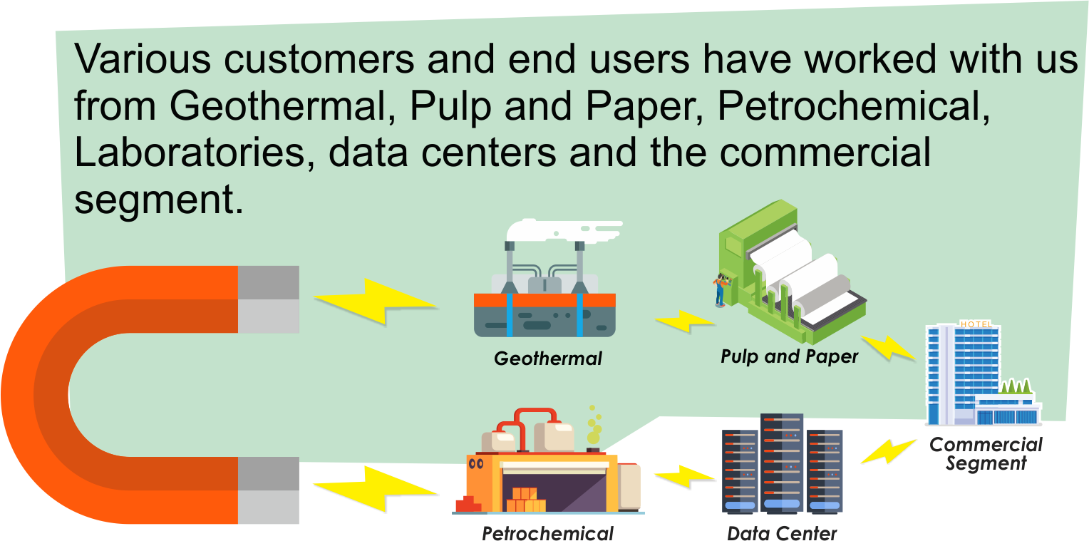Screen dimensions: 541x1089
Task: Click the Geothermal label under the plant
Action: pos(547,358)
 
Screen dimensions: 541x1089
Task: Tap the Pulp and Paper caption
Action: pos(789,356)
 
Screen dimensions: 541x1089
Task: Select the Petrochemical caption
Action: pos(547,533)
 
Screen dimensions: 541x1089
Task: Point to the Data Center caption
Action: pos(782,533)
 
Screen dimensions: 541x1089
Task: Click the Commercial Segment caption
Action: pos(986,453)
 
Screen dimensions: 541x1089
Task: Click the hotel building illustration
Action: pos(969,378)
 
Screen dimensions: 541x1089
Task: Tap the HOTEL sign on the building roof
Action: pos(976,324)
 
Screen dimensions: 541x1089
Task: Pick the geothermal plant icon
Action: pos(544,299)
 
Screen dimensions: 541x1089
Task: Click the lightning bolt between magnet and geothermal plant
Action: pos(376,300)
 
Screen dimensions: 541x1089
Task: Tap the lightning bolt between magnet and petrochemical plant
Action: pos(376,488)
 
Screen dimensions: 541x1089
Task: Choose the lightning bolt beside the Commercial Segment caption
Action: pos(887,451)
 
